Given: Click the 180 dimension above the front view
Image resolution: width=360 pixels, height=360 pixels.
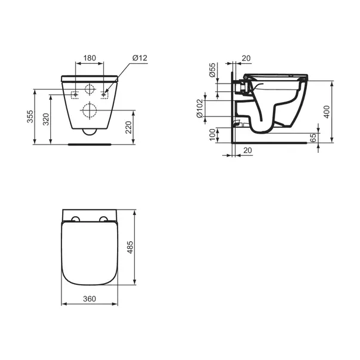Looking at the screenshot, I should point(89,58).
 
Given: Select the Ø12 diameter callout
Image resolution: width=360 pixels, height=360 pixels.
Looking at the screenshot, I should point(139,57).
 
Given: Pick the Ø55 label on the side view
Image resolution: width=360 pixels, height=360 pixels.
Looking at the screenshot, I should point(212,72).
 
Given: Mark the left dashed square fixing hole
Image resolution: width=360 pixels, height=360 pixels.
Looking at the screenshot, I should point(74,94).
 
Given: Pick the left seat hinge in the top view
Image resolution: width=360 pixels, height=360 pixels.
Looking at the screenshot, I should point(75,219).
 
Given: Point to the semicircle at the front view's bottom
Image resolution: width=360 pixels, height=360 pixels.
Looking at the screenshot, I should point(89,132).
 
